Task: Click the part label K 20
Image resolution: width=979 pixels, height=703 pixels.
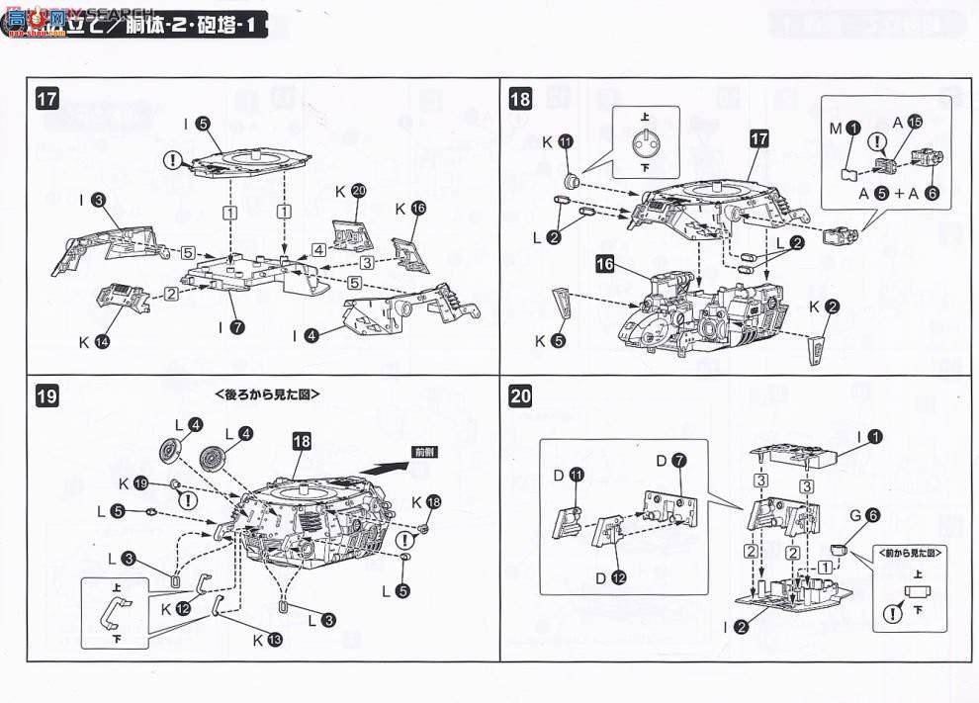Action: click(x=350, y=192)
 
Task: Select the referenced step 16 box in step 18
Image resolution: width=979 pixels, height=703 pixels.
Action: click(x=605, y=264)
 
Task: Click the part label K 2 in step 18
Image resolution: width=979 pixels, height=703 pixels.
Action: click(x=824, y=307)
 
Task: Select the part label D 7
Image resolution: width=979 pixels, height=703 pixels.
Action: click(x=669, y=461)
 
